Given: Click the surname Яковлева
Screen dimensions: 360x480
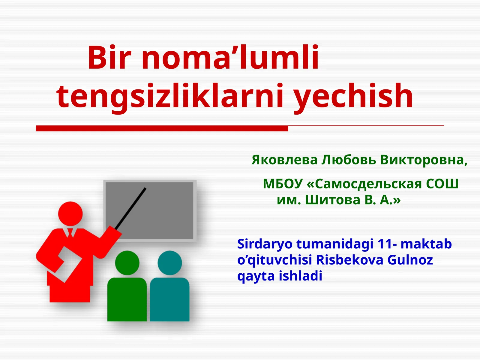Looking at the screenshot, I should tap(284, 160).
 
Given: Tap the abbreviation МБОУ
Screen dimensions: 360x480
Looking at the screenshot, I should tap(283, 184).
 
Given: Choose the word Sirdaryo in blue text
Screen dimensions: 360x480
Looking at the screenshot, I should tap(265, 244).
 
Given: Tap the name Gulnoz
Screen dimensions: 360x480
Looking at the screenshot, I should tap(410, 260).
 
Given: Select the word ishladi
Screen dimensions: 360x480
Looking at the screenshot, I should tap(301, 276).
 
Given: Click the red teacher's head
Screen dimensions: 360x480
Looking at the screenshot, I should tap(70, 214).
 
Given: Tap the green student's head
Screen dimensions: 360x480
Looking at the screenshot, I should tap(127, 263).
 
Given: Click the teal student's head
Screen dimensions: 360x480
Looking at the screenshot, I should tap(170, 263).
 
